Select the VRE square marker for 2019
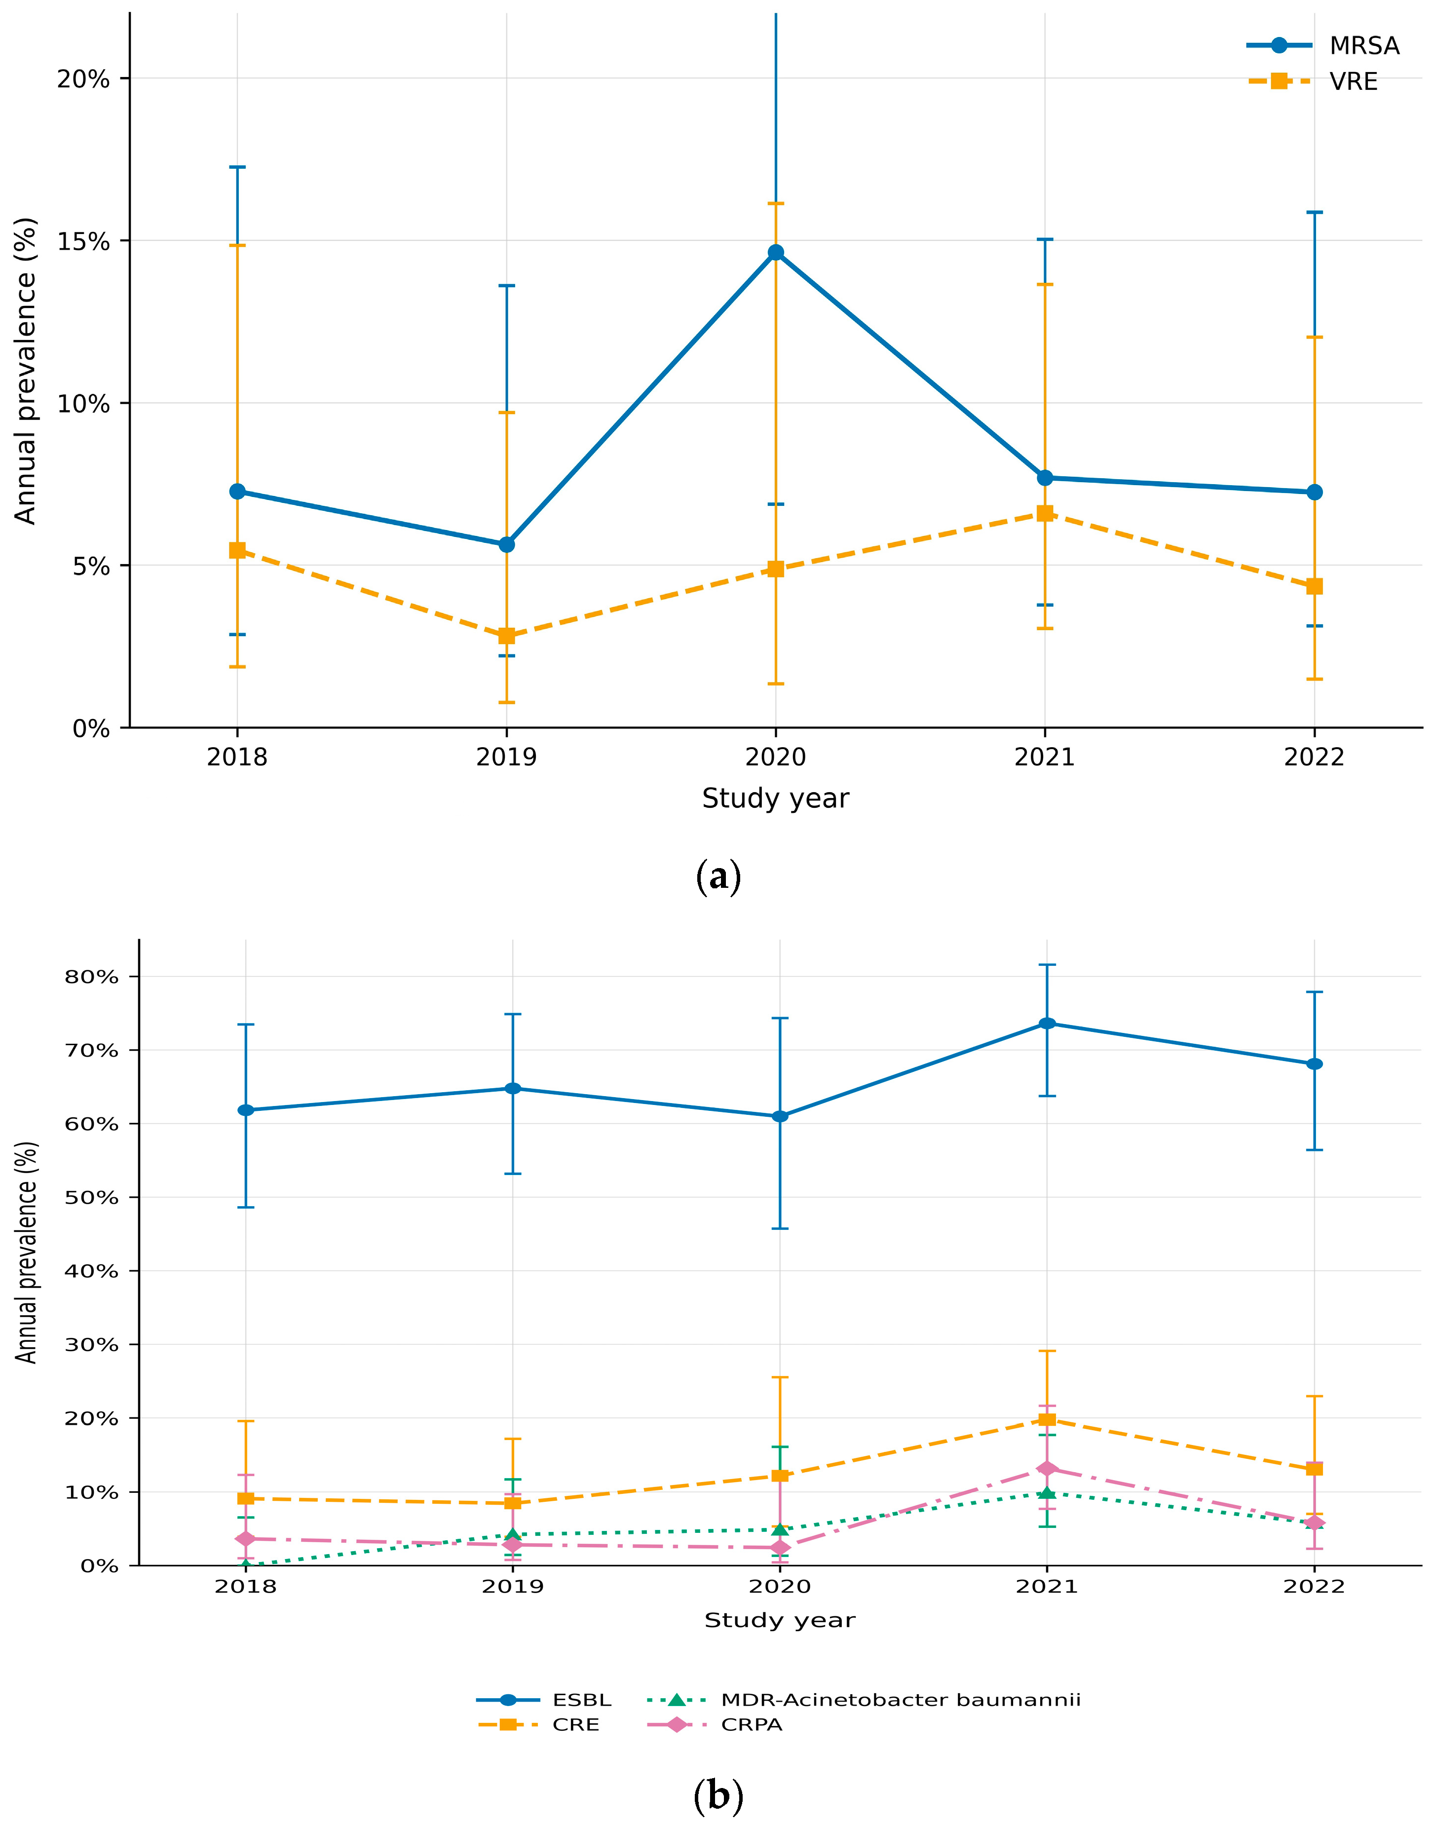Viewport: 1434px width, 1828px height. click(x=506, y=636)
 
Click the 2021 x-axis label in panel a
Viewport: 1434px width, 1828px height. click(x=1045, y=758)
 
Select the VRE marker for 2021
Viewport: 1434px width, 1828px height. click(x=1045, y=513)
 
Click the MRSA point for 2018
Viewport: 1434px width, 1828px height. click(x=237, y=491)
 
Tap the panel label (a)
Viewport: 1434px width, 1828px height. click(x=718, y=876)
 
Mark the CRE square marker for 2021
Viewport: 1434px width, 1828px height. click(x=1047, y=1419)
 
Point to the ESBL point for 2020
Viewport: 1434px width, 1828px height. click(x=780, y=1116)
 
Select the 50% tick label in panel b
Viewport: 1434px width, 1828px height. click(x=91, y=1197)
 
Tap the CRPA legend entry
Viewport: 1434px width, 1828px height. click(x=715, y=1725)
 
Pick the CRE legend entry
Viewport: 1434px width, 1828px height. click(x=538, y=1725)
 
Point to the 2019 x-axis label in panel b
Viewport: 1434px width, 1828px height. click(x=513, y=1586)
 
